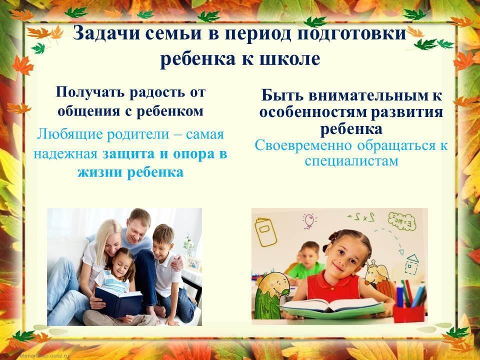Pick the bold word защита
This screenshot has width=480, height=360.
(x=128, y=154)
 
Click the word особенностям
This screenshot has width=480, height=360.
(x=312, y=112)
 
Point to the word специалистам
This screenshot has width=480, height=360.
(x=351, y=161)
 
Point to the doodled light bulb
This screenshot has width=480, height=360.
(x=309, y=221)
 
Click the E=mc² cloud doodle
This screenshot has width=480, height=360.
(x=402, y=221)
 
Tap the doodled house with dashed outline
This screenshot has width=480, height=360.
(x=411, y=264)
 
